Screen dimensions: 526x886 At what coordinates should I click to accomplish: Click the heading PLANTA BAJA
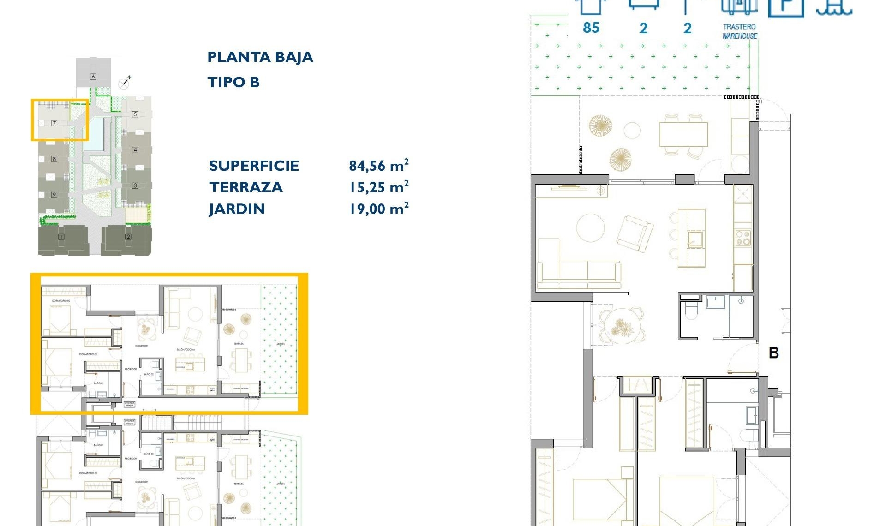point(260,57)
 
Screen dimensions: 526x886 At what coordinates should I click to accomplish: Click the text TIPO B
point(233,83)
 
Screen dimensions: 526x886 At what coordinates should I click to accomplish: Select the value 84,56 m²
point(378,166)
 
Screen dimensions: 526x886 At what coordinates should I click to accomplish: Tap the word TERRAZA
point(245,187)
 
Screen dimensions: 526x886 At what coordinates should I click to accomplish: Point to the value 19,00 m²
point(379,209)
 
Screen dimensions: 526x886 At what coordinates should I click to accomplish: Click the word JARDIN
point(237,209)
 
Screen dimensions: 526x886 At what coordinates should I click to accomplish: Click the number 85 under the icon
point(591,28)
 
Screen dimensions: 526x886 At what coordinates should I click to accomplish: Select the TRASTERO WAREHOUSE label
point(739,31)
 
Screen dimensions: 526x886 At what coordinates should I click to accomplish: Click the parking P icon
point(786,7)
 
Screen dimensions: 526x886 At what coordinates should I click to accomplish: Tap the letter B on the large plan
point(774,353)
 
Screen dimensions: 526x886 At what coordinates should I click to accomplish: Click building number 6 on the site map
point(93,77)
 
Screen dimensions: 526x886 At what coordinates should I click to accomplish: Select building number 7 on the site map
point(54,123)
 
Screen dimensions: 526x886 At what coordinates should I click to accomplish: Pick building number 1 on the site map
point(61,237)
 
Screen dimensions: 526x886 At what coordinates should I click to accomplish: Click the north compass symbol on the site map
point(124,84)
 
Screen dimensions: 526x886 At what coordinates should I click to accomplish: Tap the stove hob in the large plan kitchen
point(743,238)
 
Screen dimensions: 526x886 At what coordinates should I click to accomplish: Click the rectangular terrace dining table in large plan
point(683,134)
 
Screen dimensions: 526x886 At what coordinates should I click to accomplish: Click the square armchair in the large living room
point(635,233)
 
